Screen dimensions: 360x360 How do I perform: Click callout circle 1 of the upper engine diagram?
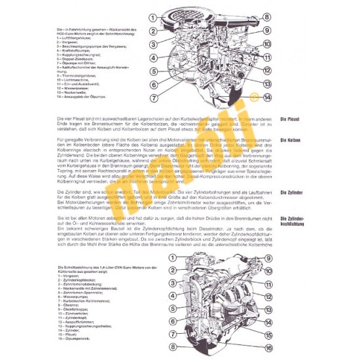tap(152, 18)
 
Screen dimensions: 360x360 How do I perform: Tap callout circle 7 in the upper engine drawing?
tap(152, 98)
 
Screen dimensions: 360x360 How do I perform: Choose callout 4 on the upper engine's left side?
tap(152, 58)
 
